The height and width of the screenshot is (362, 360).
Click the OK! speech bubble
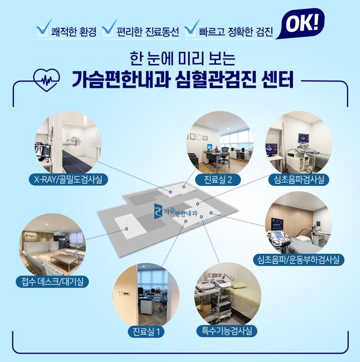[x=301, y=23]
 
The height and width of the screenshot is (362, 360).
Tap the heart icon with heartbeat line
[x=47, y=80]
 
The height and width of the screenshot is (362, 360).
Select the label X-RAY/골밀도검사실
[x=68, y=180]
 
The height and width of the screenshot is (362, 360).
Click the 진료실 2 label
[x=218, y=180]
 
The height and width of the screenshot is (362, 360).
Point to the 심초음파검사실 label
[x=299, y=180]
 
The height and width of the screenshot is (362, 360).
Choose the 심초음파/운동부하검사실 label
[x=299, y=259]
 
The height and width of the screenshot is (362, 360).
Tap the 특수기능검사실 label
[x=227, y=331]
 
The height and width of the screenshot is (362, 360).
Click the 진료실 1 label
[x=146, y=332]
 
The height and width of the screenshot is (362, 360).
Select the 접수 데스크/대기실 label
[x=52, y=282]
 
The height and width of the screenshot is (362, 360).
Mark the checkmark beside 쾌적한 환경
[x=44, y=28]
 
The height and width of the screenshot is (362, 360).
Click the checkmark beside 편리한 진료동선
[x=109, y=28]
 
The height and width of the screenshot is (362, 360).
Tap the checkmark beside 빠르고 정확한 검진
[x=192, y=28]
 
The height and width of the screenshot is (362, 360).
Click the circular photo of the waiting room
[x=52, y=245]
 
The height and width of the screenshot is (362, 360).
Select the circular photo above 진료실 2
[x=220, y=143]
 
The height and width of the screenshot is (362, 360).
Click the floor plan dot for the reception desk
[x=127, y=229]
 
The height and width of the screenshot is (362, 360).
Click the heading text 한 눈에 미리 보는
[x=183, y=59]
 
